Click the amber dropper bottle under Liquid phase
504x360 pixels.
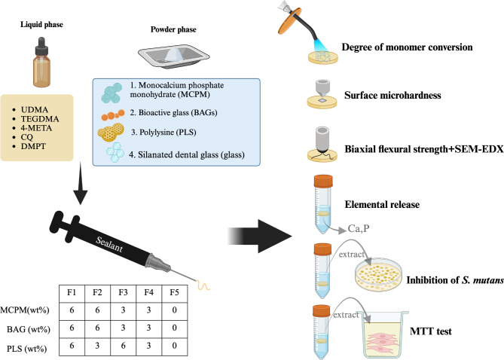click(41, 62)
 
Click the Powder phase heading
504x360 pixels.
click(173, 29)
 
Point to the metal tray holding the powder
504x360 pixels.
click(174, 56)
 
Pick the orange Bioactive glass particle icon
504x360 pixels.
click(113, 114)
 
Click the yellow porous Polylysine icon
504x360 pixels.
click(111, 132)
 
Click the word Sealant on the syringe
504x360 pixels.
click(109, 245)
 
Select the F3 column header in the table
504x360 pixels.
click(123, 292)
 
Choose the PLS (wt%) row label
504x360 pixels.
click(26, 349)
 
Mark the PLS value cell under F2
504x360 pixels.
click(97, 346)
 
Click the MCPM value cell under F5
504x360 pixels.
click(174, 310)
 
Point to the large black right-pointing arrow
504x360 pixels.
click(260, 236)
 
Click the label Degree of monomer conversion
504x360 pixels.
click(407, 47)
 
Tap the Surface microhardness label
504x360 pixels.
click(393, 95)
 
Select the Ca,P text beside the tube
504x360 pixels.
click(359, 228)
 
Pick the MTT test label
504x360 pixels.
click(431, 331)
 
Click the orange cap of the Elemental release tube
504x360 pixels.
click(323, 181)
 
